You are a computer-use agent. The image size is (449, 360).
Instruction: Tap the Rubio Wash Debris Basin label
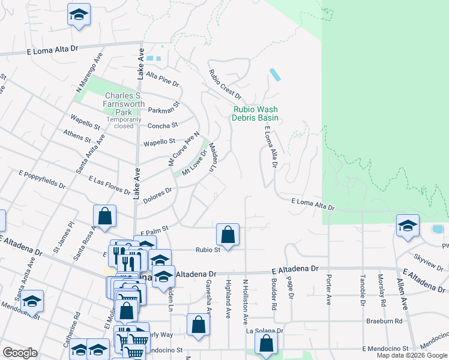(256, 113)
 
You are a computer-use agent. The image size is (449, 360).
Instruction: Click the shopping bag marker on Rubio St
(228, 234)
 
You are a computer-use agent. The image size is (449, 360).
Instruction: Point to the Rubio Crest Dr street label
(224, 85)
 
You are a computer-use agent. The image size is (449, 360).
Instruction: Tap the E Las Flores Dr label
(109, 185)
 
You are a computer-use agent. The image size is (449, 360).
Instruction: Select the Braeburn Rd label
(384, 321)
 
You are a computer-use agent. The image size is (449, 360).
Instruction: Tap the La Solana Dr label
(264, 331)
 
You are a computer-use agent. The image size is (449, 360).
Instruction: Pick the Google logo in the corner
(20, 353)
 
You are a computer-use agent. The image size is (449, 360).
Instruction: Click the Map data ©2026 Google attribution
(411, 355)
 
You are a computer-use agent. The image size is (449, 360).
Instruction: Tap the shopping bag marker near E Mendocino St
(266, 344)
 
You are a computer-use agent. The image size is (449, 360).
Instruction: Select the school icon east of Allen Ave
(408, 226)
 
